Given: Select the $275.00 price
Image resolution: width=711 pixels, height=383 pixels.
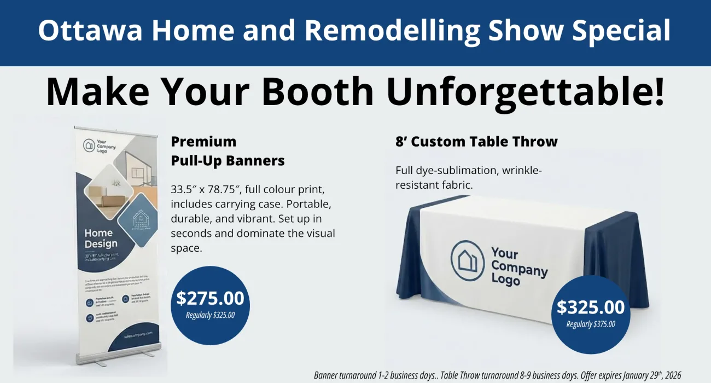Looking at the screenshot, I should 210,298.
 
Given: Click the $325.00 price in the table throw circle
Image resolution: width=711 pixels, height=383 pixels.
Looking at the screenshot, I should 591,307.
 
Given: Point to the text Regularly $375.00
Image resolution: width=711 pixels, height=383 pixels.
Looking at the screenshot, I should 591,324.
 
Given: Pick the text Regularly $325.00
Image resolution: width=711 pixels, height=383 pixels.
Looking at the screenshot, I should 210,315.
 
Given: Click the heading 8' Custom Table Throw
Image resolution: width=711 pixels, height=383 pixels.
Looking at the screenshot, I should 476,142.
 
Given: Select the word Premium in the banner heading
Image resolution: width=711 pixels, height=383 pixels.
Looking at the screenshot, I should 203,142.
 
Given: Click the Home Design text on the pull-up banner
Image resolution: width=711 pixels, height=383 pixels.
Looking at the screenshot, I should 101,239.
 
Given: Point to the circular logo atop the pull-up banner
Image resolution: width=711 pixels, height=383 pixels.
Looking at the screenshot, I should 89,146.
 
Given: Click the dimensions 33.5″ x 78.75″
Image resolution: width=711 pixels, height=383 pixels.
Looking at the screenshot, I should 207,190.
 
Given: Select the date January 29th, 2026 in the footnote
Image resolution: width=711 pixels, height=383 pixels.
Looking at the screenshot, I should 645,375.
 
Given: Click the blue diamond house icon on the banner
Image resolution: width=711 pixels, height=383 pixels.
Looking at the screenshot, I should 141,220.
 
